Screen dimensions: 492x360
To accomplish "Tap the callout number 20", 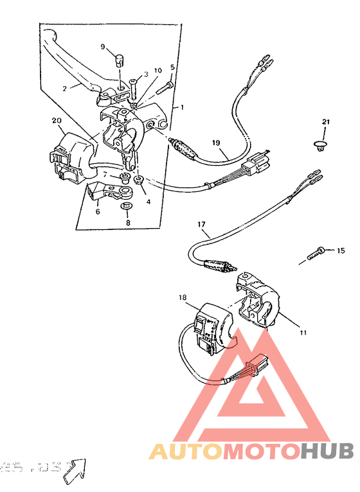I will click(x=57, y=120).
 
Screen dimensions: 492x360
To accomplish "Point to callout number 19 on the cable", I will click(x=216, y=142).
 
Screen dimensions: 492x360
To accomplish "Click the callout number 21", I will click(x=325, y=122).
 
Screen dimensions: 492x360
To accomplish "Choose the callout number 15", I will click(x=341, y=250).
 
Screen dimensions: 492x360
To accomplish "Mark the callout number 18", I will click(x=183, y=298).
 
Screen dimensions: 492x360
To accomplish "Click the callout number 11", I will click(x=302, y=333).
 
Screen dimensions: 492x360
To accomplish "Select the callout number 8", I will click(x=127, y=222).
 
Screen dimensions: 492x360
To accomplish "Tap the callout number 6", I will click(x=98, y=211).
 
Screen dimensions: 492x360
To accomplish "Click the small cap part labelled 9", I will click(x=119, y=60).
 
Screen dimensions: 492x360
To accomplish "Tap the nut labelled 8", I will click(x=127, y=206).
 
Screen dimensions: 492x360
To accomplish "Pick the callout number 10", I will click(x=157, y=71).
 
